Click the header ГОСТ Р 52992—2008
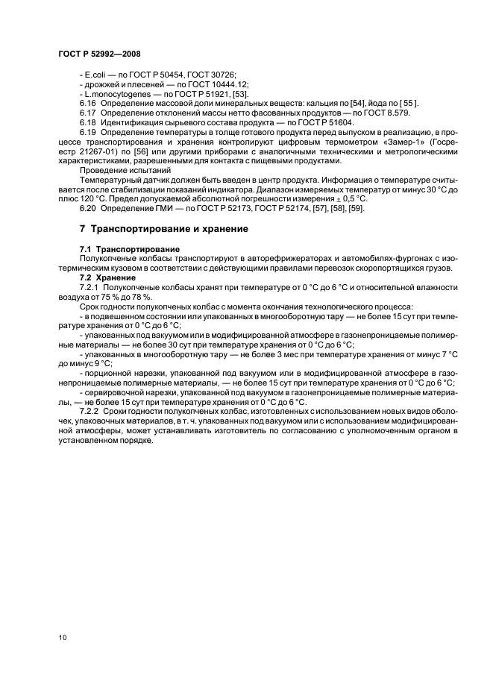[x=99, y=54]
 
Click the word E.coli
[x=95, y=75]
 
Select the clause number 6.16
[x=89, y=103]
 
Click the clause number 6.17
[x=89, y=113]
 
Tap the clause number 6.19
[x=89, y=132]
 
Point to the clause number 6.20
[x=89, y=208]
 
